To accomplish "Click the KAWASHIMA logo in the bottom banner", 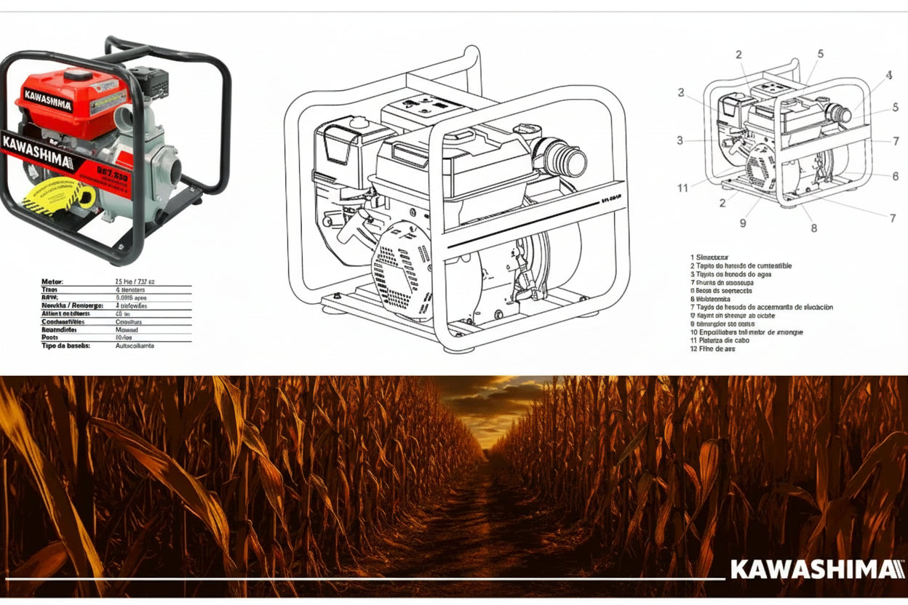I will pyautogui.click(x=817, y=569).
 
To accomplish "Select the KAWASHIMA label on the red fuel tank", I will pyautogui.click(x=48, y=100).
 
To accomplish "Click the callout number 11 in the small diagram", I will pyautogui.click(x=682, y=188).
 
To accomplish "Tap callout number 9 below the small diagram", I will pyautogui.click(x=743, y=223).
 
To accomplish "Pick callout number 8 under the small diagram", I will pyautogui.click(x=813, y=228).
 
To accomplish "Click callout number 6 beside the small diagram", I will pyautogui.click(x=895, y=176).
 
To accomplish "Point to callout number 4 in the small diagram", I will pyautogui.click(x=888, y=74).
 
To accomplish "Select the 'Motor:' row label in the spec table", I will pyautogui.click(x=53, y=281).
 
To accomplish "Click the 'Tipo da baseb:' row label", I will pyautogui.click(x=65, y=346).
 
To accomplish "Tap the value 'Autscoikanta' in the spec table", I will pyautogui.click(x=135, y=346).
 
